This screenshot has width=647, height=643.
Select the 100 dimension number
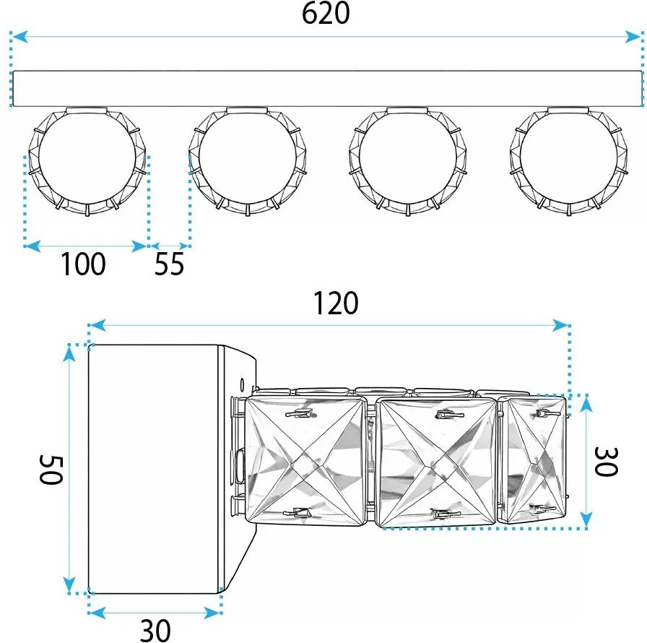(x=82, y=265)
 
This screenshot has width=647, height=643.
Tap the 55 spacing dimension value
(x=170, y=266)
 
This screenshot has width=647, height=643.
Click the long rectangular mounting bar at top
(x=326, y=88)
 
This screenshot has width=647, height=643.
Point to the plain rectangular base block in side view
(x=153, y=470)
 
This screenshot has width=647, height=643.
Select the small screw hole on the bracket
(x=242, y=379)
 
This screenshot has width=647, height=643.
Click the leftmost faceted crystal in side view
(x=305, y=461)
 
